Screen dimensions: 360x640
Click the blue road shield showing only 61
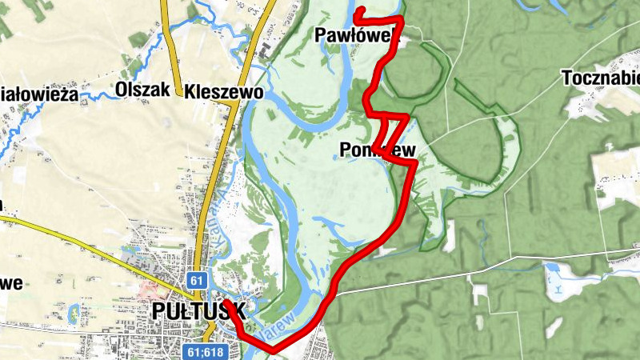click(198, 281)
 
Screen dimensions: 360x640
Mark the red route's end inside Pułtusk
click(225, 302)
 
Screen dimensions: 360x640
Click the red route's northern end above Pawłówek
click(357, 10)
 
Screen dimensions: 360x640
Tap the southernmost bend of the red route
click(273, 350)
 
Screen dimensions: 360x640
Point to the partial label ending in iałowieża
click(38, 94)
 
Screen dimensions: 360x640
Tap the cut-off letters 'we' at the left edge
click(11, 282)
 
